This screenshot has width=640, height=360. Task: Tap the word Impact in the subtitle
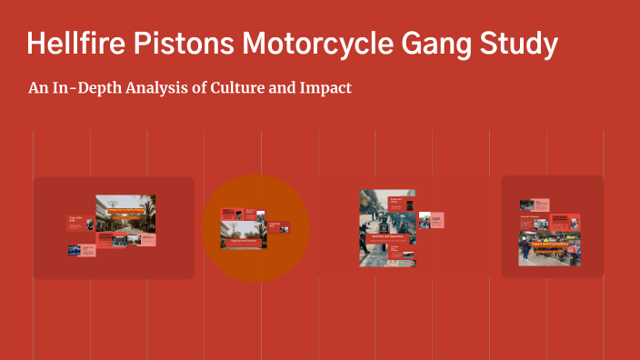point(326,89)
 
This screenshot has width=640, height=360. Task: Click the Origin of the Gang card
point(78,221)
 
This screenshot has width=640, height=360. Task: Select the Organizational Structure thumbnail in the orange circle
point(243,235)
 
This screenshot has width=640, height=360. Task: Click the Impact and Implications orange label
point(549,244)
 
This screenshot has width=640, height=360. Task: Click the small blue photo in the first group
point(74,249)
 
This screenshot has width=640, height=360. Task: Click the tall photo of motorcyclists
point(373,227)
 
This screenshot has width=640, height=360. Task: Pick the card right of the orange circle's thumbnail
point(274,227)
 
